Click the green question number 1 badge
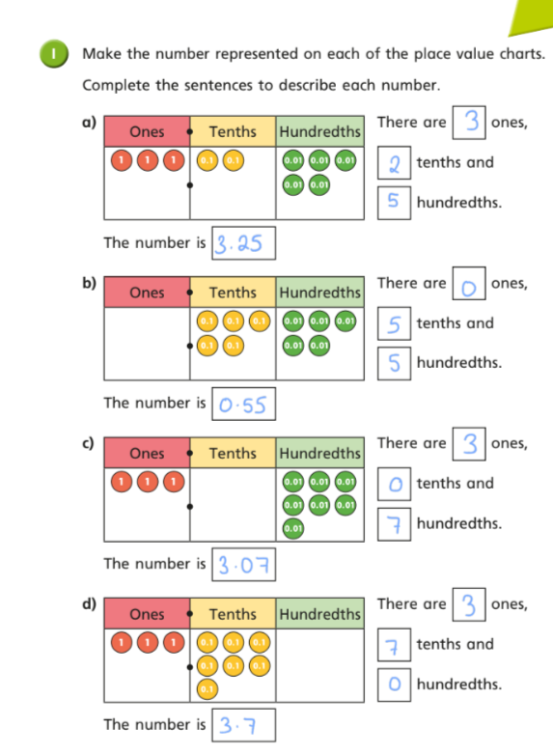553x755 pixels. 53,53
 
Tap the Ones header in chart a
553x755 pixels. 147,131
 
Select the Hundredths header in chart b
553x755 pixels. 320,293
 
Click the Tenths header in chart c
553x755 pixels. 233,453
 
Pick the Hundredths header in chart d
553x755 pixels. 320,614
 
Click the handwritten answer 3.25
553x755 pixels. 238,243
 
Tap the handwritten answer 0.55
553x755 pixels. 242,405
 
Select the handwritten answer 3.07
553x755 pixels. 243,565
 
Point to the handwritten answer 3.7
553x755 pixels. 237,725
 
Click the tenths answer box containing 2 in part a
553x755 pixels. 394,163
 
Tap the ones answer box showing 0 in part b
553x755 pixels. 469,283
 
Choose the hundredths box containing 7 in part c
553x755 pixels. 394,524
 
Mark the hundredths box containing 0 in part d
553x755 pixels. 394,685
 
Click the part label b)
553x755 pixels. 89,283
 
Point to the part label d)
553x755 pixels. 89,603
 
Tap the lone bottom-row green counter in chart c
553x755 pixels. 293,528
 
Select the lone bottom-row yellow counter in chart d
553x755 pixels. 207,689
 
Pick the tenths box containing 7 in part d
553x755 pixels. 394,645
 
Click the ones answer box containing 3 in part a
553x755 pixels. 469,123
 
